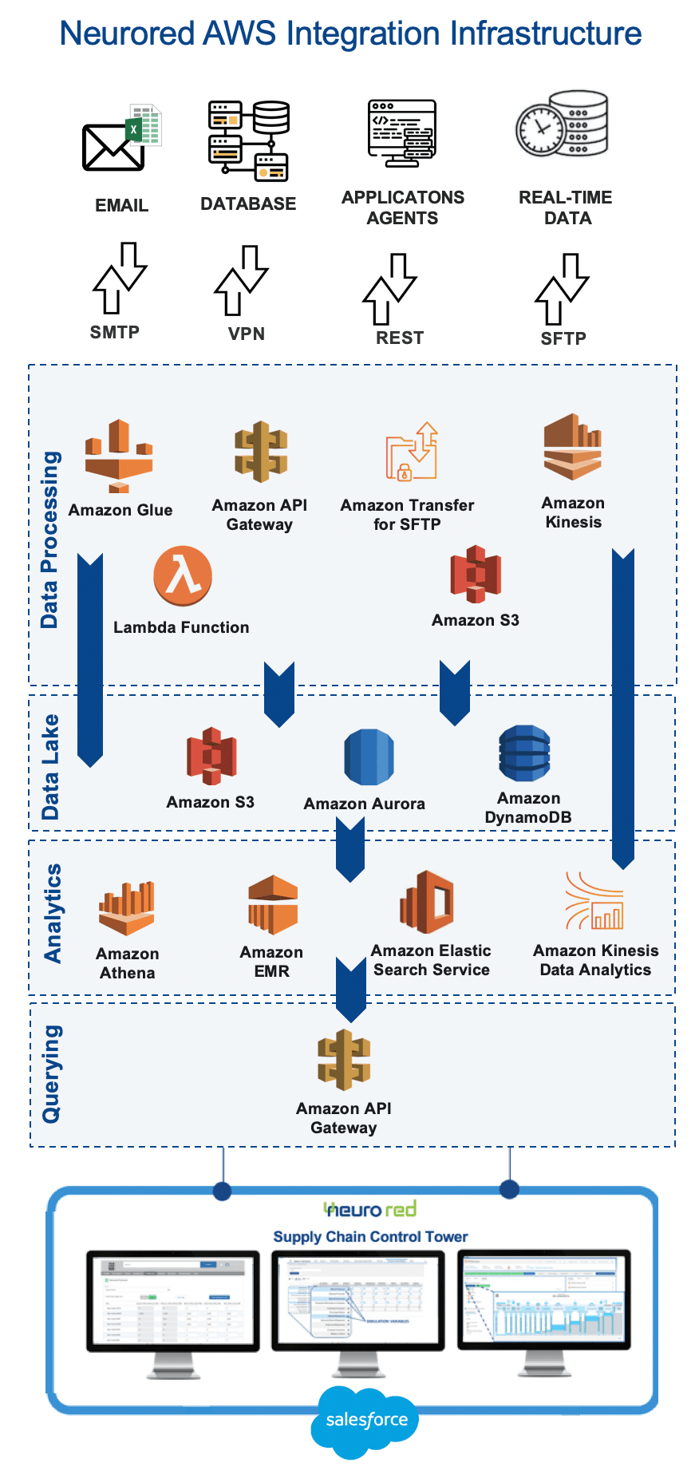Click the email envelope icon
113,147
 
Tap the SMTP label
115,332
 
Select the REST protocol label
400,338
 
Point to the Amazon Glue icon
119,456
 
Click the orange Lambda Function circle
183,576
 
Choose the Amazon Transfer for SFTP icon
412,452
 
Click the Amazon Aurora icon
369,757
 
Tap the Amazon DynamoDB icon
524,753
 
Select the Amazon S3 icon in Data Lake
211,756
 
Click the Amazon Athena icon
127,909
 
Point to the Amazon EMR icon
272,905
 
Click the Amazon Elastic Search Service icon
427,903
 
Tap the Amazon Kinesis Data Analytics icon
595,902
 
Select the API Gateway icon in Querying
344,1060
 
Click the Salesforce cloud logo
365,1420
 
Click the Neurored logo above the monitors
370,1209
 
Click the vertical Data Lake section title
50,767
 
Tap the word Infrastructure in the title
546,34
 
